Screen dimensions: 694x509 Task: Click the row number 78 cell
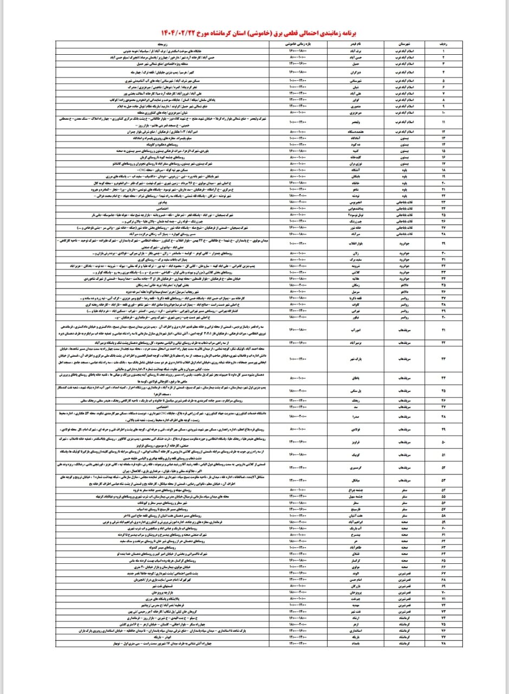(443, 642)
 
